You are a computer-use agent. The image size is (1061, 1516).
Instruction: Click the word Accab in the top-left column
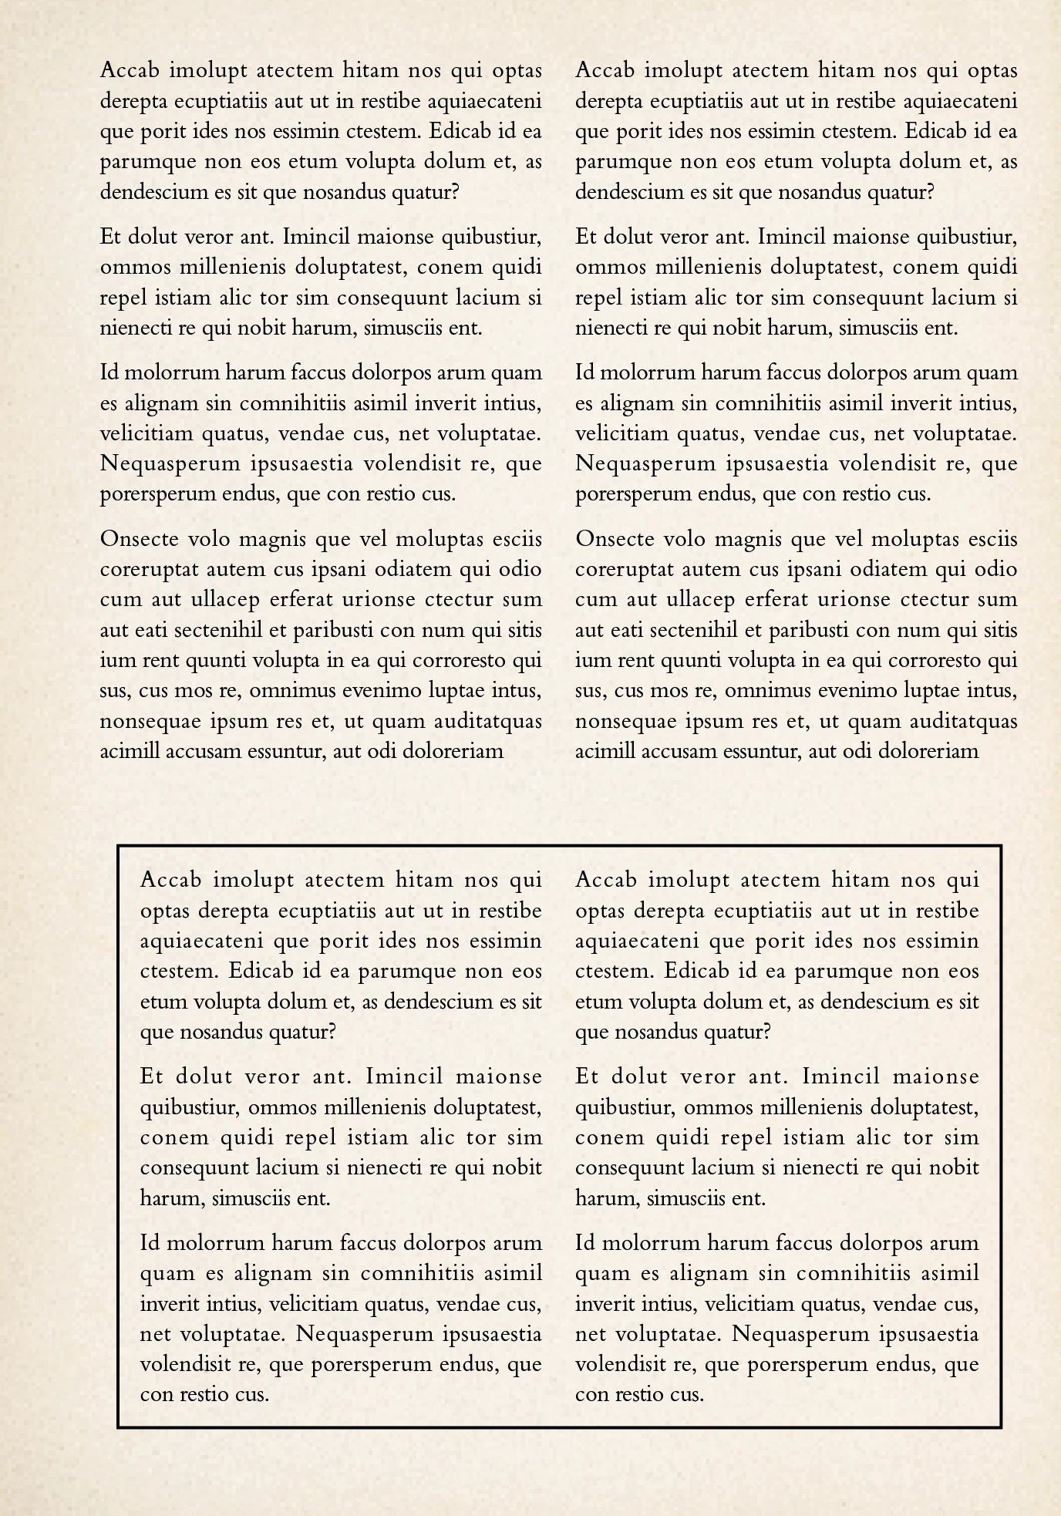point(130,71)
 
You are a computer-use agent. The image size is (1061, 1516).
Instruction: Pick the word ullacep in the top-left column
point(220,600)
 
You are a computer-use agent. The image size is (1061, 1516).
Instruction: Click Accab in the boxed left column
point(171,881)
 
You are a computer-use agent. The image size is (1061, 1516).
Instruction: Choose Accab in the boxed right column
point(606,881)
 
